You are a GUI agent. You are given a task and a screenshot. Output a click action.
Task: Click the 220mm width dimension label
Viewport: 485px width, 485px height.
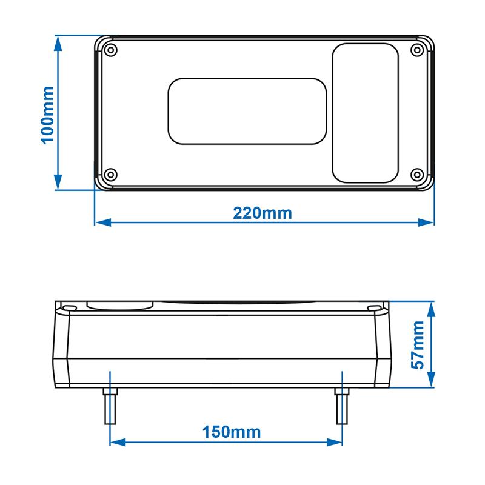[262, 213]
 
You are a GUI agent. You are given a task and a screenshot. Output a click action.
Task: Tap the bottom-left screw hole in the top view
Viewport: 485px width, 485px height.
[109, 175]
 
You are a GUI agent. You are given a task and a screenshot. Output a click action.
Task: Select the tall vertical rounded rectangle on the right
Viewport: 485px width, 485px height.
[366, 113]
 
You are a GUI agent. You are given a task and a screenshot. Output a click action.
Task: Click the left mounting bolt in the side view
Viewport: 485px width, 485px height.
[110, 405]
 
